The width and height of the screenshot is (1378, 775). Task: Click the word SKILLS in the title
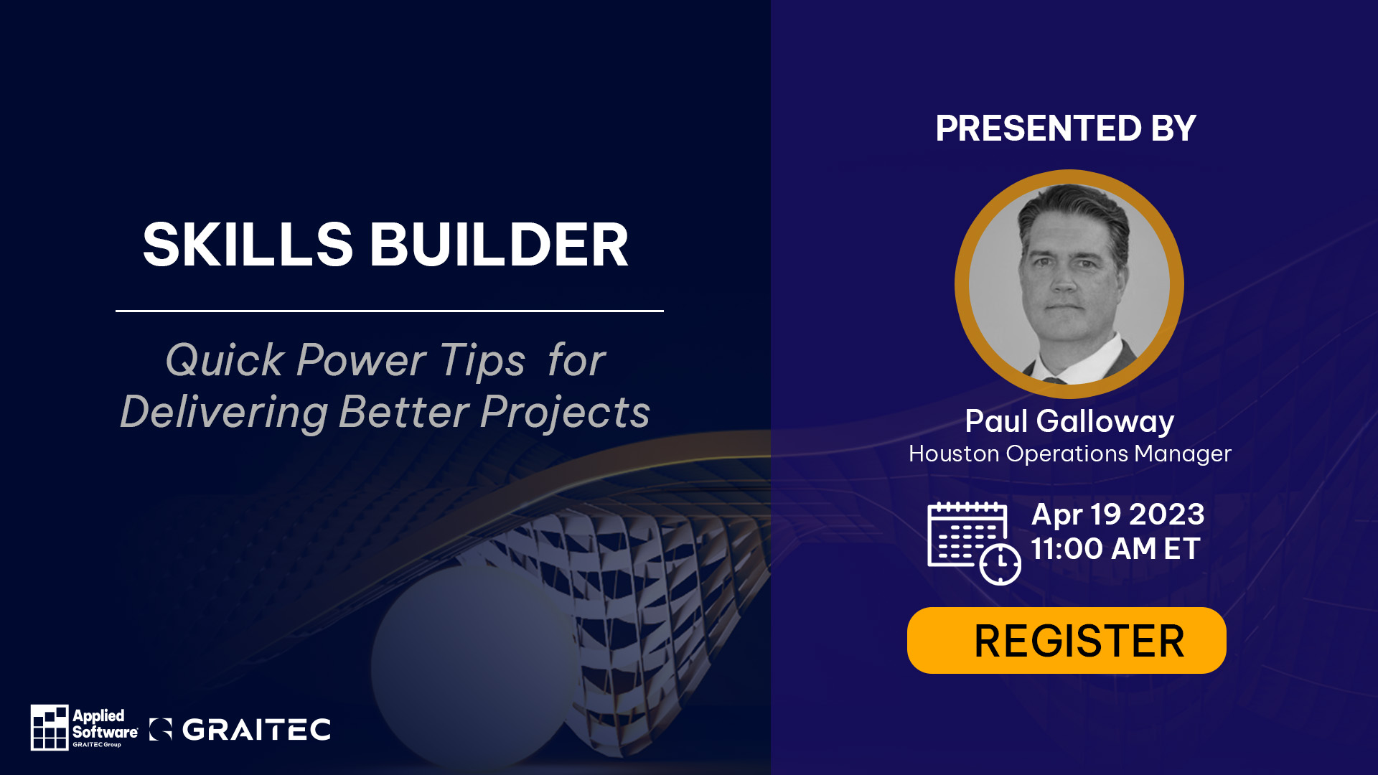pyautogui.click(x=248, y=245)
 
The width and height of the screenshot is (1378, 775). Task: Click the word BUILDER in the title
pyautogui.click(x=499, y=245)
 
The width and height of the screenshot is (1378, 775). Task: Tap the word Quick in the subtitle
pyautogui.click(x=225, y=361)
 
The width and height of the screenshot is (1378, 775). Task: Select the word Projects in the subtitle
pyautogui.click(x=565, y=413)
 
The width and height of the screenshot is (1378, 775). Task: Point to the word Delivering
pyautogui.click(x=224, y=413)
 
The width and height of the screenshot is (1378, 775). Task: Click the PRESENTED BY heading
pyautogui.click(x=1066, y=128)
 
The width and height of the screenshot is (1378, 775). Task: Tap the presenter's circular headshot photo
pyautogui.click(x=1069, y=284)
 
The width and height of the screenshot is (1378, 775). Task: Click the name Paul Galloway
pyautogui.click(x=1069, y=421)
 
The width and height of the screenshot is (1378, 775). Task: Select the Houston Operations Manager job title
pyautogui.click(x=1069, y=454)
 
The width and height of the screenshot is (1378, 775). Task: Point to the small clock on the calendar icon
pyautogui.click(x=1000, y=564)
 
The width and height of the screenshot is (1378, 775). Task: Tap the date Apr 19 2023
pyautogui.click(x=1117, y=515)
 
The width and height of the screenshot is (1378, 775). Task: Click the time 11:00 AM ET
pyautogui.click(x=1115, y=549)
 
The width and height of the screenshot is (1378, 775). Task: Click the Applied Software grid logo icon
pyautogui.click(x=50, y=727)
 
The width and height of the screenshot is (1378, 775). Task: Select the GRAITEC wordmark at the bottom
pyautogui.click(x=256, y=730)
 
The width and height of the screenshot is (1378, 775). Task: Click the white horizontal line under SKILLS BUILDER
pyautogui.click(x=390, y=311)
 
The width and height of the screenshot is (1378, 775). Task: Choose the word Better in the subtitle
pyautogui.click(x=403, y=413)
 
